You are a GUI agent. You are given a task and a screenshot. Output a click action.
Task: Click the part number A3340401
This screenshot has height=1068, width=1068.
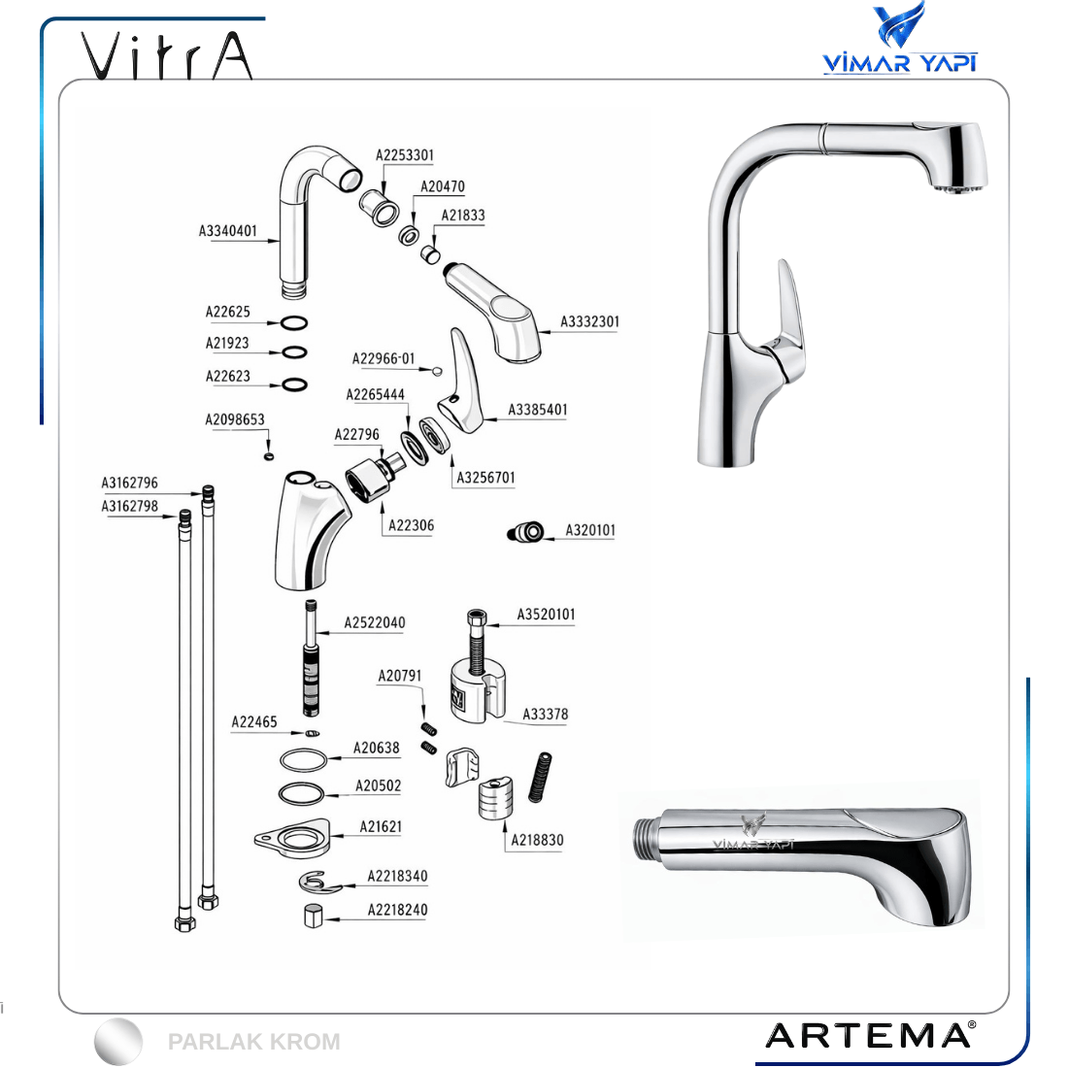(227, 231)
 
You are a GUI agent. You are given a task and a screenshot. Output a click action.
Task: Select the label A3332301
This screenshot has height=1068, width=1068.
(590, 321)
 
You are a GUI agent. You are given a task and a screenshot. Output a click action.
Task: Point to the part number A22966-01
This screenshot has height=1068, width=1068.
(384, 359)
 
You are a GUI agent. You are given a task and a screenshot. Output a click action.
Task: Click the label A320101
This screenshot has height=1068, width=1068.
(590, 530)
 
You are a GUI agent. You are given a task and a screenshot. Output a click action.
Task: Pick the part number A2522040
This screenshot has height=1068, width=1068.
(374, 622)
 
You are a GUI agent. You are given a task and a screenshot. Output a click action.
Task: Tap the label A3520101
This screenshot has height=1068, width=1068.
(546, 615)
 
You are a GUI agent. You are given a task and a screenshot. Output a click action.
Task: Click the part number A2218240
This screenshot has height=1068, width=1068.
(397, 910)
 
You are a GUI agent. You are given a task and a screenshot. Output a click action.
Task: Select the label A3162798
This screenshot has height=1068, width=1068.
(129, 506)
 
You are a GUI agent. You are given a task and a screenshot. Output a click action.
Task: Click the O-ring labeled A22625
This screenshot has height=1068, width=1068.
(293, 323)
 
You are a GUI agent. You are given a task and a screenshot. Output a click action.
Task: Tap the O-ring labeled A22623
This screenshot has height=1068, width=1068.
(294, 384)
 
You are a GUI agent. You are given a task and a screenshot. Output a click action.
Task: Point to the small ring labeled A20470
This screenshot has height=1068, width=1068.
(409, 236)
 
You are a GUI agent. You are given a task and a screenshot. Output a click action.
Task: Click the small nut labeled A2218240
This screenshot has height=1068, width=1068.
(313, 917)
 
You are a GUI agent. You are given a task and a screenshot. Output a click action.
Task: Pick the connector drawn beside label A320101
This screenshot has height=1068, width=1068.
(526, 532)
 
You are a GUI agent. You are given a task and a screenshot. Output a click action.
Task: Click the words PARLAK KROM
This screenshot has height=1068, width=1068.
(253, 1042)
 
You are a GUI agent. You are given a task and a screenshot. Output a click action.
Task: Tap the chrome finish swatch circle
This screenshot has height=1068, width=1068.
(118, 1042)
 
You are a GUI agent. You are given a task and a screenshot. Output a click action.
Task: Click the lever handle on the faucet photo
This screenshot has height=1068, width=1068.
(788, 320)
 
